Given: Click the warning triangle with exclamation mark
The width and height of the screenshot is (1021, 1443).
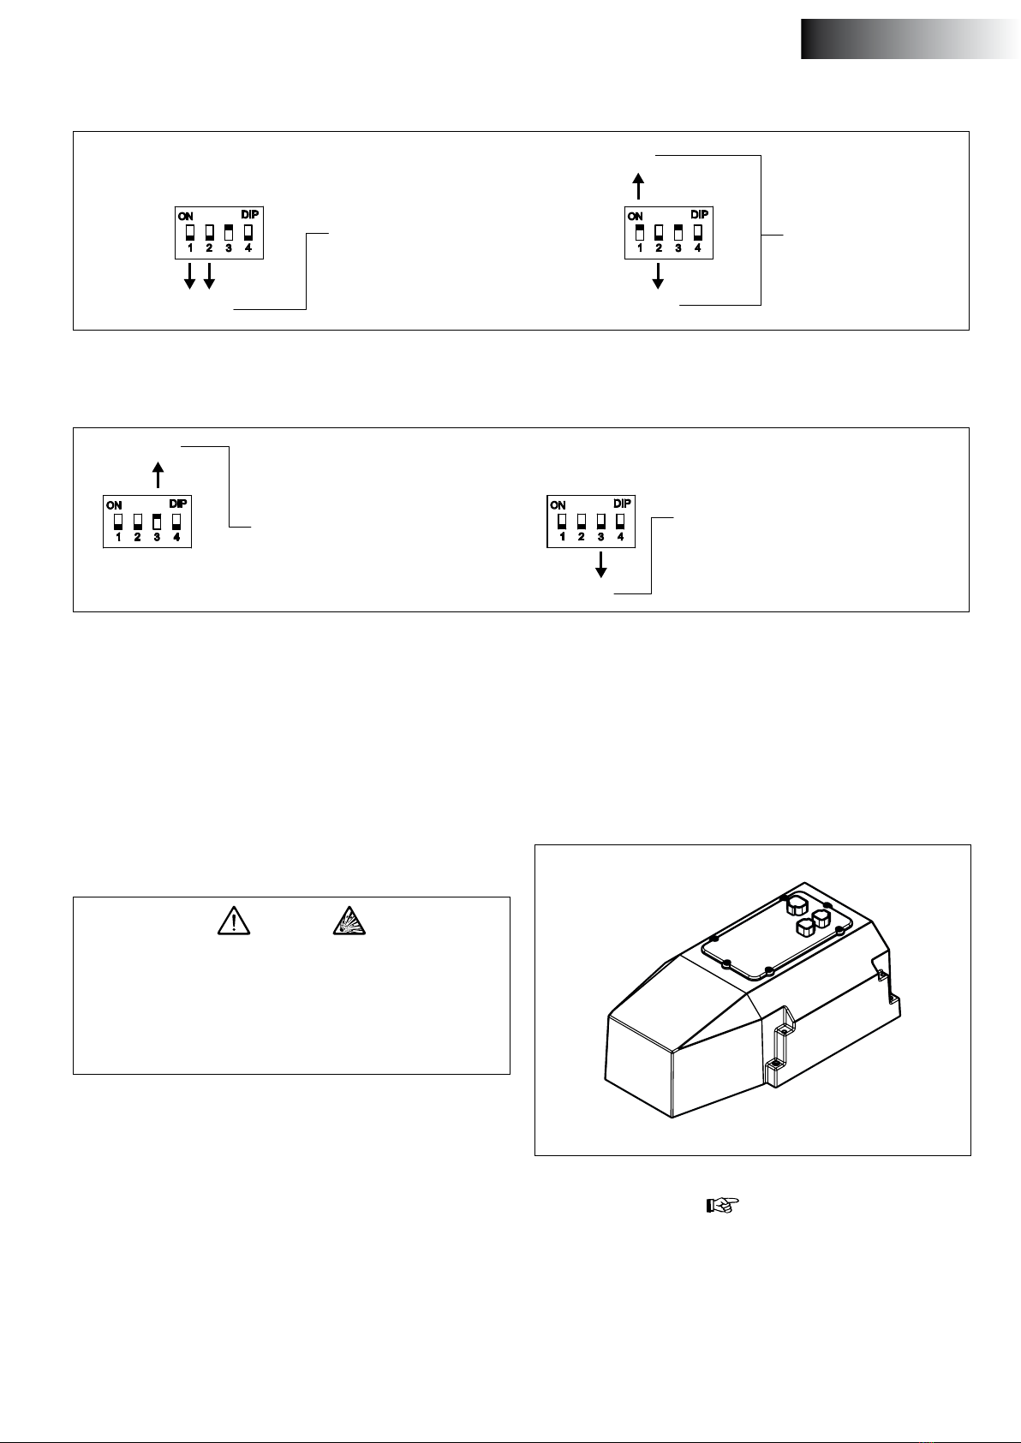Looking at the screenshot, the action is (234, 921).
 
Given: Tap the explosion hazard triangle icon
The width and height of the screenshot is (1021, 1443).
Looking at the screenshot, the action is (349, 921).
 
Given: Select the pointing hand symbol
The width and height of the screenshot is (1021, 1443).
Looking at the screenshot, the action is (723, 1205).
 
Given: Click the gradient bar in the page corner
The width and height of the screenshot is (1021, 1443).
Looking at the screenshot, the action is (911, 39).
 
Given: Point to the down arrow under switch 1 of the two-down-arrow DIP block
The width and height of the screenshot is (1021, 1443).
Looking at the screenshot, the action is (189, 276).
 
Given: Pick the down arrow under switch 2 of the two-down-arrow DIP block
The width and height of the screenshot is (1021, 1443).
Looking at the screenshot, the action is (209, 276).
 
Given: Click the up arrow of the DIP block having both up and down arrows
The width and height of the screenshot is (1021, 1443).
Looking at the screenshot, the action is (638, 186).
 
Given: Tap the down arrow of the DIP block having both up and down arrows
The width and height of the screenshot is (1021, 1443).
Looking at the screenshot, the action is (658, 276).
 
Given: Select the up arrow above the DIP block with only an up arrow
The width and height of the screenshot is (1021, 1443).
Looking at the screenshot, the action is (158, 475).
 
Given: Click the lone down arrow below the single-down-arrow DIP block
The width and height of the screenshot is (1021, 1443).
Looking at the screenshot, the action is (601, 564).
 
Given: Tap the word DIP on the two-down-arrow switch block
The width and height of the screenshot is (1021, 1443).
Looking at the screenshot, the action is (249, 214).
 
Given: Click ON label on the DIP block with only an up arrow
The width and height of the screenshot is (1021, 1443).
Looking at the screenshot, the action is (114, 505).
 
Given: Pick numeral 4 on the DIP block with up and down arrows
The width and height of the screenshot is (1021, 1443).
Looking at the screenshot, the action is (697, 248).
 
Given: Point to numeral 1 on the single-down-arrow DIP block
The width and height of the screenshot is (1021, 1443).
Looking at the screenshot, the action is (563, 537).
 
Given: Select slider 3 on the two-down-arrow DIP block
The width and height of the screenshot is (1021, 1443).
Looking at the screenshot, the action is (228, 233).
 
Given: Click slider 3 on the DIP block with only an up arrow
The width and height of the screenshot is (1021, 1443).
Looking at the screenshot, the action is (157, 522).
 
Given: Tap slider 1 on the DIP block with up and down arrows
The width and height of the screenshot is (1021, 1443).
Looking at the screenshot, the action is (640, 233).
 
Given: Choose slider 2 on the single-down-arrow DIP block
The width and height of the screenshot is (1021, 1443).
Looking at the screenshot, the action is (582, 522).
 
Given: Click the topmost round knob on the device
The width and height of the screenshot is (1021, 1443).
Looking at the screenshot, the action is (797, 903).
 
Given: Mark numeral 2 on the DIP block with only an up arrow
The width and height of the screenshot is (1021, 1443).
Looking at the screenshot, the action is (137, 537).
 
